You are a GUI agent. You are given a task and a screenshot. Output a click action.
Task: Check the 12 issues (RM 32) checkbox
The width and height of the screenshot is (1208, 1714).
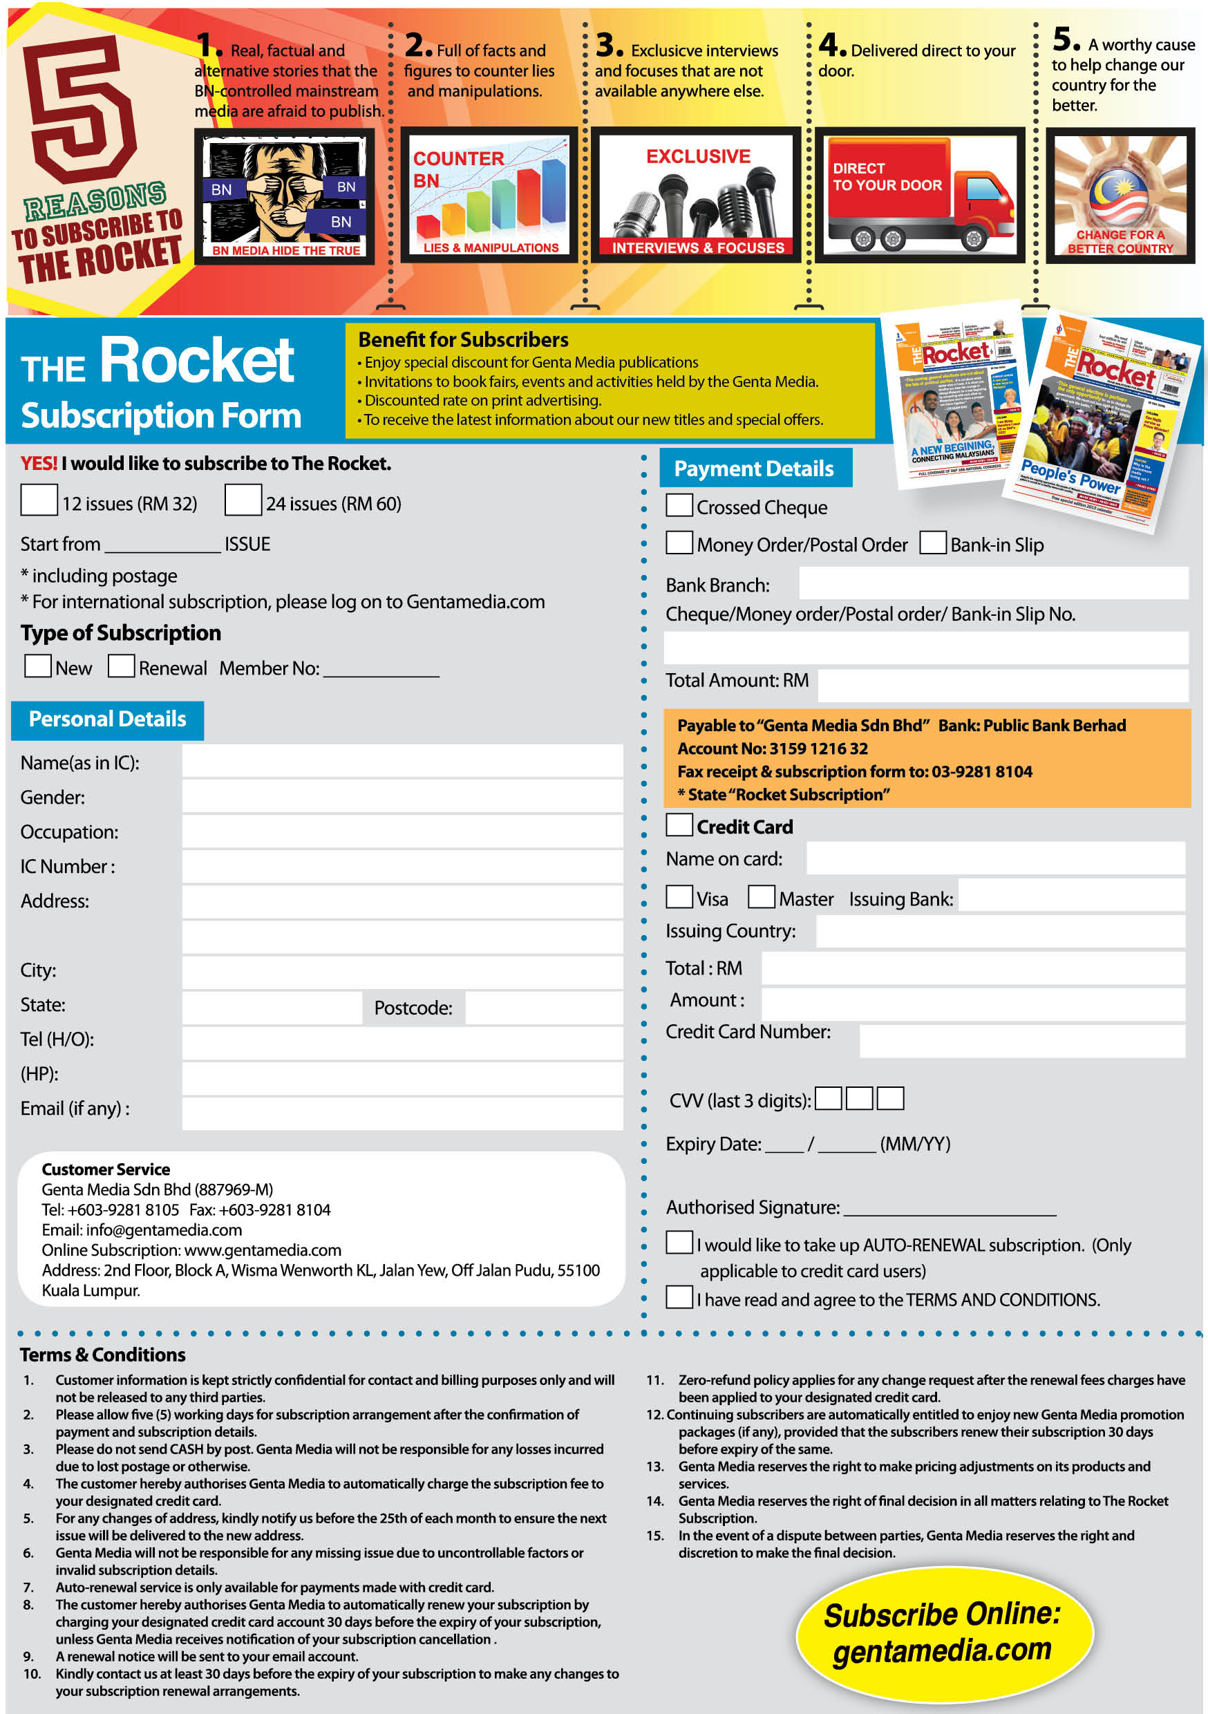coord(39,500)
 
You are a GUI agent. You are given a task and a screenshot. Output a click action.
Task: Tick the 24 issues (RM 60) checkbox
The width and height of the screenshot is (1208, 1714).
coord(243,500)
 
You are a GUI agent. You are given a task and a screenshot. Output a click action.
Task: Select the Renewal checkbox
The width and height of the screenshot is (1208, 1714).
coord(121,665)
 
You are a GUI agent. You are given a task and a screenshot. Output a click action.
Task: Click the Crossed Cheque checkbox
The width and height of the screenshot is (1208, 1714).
coord(679,505)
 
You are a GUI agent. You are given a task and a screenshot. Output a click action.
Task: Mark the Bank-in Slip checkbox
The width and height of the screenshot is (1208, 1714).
coord(932,542)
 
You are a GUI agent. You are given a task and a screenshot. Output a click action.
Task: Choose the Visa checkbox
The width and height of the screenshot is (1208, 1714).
coord(679,896)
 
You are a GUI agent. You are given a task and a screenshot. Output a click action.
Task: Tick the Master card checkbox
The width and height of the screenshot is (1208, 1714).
coord(761,896)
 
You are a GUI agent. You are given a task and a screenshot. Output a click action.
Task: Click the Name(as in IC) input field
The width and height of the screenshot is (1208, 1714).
coord(402,761)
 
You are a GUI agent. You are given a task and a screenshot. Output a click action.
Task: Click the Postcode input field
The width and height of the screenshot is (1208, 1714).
coord(543,1007)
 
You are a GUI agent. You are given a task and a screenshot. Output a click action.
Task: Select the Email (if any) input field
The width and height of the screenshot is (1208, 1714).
coord(402,1112)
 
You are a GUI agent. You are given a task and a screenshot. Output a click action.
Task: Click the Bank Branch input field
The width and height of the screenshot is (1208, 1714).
coord(993,583)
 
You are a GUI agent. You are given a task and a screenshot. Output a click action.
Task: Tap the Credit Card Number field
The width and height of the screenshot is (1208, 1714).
coord(1021,1040)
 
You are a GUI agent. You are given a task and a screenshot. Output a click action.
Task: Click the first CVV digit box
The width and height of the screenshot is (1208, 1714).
coord(828,1098)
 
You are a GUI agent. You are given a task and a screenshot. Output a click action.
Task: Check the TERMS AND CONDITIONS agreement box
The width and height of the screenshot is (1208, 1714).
coord(679,1297)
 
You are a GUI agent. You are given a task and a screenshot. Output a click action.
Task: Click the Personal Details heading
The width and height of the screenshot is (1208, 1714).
coord(108,719)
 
